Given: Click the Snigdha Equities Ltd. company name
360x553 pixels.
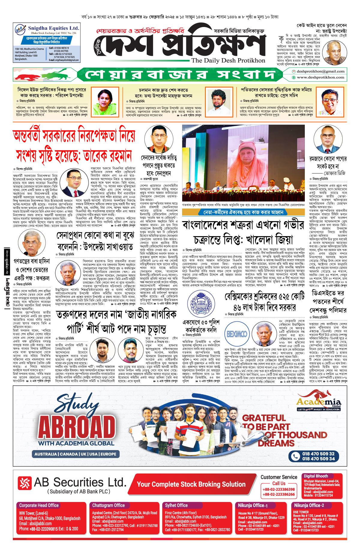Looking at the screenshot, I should pos(53,28).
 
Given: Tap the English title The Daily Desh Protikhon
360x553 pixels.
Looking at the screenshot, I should pos(228,60).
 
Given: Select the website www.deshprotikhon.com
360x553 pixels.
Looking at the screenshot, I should pos(320,77).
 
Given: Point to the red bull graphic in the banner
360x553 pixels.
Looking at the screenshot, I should pos(29,76).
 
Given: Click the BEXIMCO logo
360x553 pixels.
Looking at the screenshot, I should pos(237,334).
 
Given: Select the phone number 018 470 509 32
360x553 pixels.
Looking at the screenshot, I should pos(318,454).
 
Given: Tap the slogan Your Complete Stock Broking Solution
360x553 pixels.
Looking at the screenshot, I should pos(191,484).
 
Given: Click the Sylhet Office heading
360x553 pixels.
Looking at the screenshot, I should pos(176,506).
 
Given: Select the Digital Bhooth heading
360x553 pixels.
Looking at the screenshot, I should pos(316,476).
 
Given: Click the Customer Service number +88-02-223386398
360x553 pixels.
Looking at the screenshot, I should pos(279,489).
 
